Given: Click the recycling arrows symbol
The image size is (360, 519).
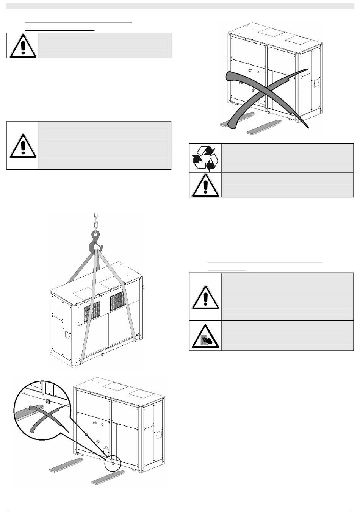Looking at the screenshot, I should coord(205,158).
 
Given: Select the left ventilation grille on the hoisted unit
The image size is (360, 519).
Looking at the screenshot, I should coord(91,311).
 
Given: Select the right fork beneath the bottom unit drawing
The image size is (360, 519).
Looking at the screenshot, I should coord(108,476).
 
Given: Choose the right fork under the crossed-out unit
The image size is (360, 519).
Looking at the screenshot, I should coord(264,127).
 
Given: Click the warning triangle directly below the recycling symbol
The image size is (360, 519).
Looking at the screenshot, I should coord(205,185).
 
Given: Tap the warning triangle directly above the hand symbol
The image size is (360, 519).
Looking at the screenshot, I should coord(205,297).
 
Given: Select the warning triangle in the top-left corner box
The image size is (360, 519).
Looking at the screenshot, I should coord(23,46).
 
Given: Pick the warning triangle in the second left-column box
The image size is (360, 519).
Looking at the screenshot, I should coord(23,145).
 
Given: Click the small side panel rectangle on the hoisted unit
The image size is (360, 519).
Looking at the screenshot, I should coord(69,335).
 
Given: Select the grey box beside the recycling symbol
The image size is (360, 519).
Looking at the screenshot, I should coord(287,158).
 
